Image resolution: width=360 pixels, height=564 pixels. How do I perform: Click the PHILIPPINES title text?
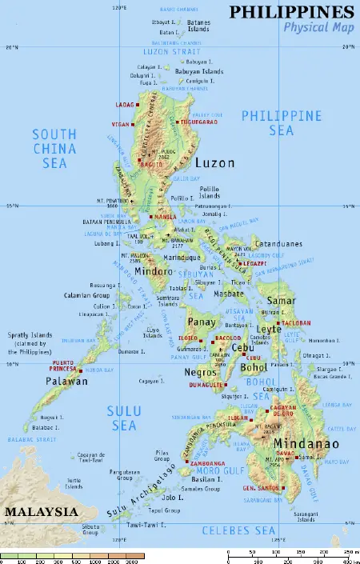(x=291, y=12)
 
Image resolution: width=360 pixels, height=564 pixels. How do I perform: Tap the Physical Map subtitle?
(x=318, y=28)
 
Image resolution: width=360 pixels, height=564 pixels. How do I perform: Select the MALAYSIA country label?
(x=41, y=511)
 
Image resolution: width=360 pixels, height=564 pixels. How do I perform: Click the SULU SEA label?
(x=124, y=418)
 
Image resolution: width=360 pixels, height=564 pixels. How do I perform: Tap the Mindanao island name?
(x=306, y=444)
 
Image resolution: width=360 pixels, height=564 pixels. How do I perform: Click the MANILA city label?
(x=165, y=217)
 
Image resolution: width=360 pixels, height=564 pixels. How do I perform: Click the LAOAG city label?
(x=126, y=104)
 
